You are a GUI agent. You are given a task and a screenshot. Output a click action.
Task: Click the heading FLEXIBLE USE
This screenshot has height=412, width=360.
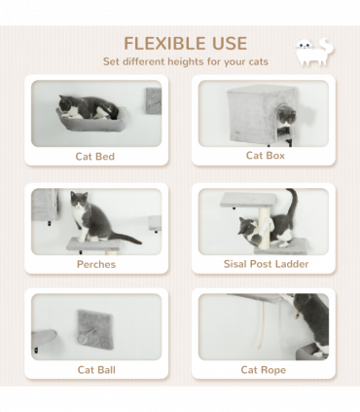[185, 43]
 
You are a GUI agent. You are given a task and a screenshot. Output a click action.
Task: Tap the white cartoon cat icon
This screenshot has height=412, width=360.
[312, 53]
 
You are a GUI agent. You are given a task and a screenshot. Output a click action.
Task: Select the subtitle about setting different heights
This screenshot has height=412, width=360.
[185, 62]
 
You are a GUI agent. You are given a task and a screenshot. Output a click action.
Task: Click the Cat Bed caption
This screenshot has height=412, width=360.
[95, 156]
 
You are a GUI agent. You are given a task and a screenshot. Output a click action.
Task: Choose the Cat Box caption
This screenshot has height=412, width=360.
[264, 155]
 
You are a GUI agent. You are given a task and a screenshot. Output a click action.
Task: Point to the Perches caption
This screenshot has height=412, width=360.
[95, 264]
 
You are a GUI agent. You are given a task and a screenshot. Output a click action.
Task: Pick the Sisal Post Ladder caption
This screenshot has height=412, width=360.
[265, 264]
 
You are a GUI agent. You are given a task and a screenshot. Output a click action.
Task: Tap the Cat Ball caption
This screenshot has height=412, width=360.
[95, 369]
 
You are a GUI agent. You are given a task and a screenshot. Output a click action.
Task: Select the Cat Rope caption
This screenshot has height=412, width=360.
[264, 369]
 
